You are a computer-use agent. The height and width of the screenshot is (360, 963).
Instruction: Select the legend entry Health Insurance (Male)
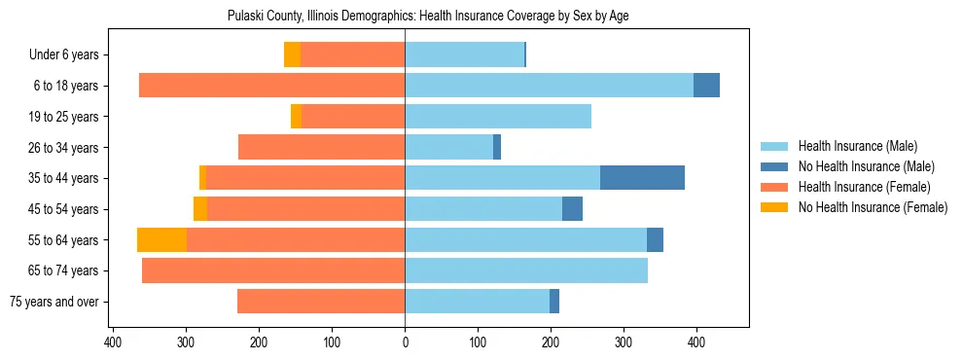pyautogui.click(x=857, y=146)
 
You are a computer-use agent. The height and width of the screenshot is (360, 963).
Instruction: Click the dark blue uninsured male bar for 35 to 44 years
pyautogui.click(x=642, y=178)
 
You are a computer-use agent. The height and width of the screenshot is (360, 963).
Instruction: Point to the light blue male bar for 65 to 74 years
pyautogui.click(x=525, y=270)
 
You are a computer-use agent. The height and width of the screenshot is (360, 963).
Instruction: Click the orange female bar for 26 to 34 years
pyautogui.click(x=321, y=147)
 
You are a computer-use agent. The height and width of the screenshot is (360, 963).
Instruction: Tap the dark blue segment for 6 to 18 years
pyautogui.click(x=706, y=86)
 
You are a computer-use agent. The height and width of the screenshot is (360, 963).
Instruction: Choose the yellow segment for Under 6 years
pyautogui.click(x=292, y=54)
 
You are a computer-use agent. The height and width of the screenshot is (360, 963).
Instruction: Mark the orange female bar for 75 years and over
pyautogui.click(x=321, y=302)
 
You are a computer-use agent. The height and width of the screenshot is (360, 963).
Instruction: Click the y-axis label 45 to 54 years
pyautogui.click(x=64, y=209)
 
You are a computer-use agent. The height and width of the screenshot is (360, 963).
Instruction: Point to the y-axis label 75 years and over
pyautogui.click(x=53, y=302)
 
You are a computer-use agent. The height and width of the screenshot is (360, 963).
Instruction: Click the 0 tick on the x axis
pyautogui.click(x=405, y=342)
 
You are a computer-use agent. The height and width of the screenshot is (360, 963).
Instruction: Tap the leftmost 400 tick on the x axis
pyautogui.click(x=114, y=342)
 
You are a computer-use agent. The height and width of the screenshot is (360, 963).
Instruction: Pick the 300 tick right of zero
pyautogui.click(x=624, y=342)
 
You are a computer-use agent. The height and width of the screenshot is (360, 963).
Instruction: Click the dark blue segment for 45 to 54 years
pyautogui.click(x=572, y=209)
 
